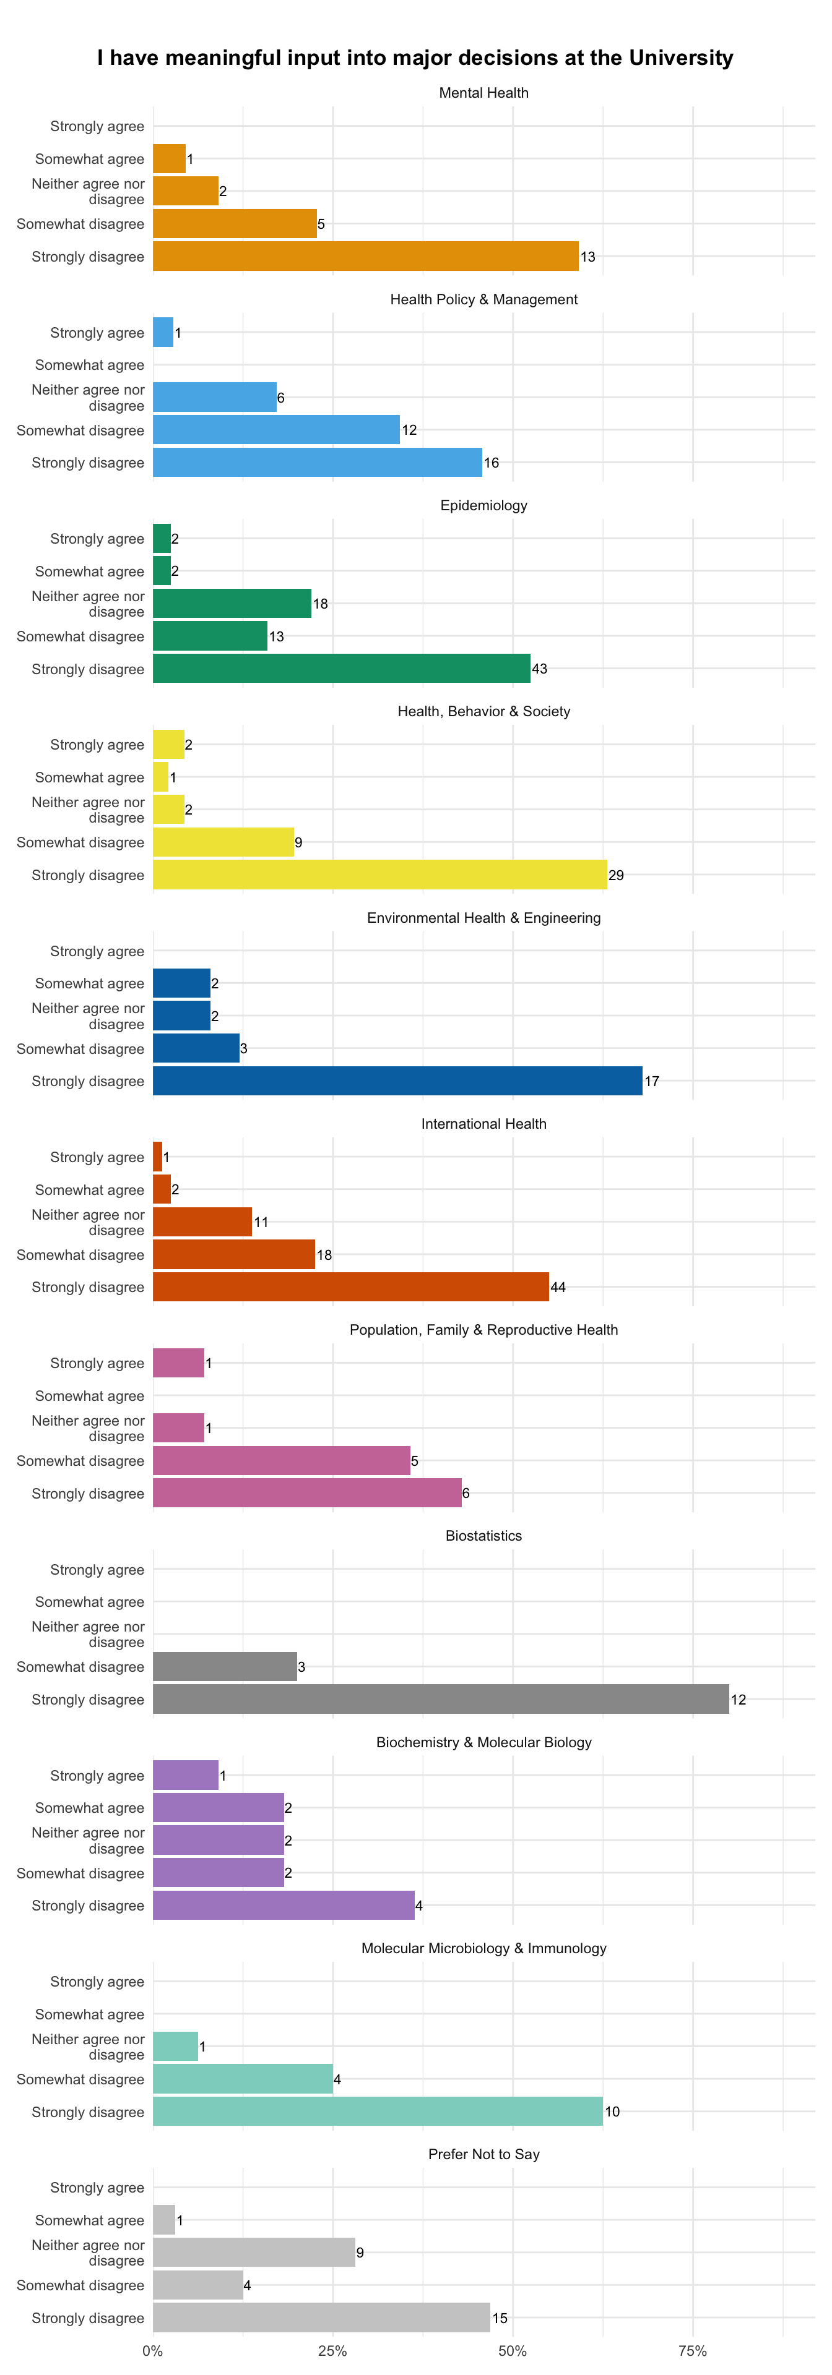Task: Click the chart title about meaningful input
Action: click(415, 58)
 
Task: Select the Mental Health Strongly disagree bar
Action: click(365, 256)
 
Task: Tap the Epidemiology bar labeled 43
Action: click(341, 669)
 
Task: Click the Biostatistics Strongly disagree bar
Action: click(441, 1699)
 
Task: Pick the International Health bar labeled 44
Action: click(350, 1287)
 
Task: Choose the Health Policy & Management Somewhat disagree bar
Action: click(277, 430)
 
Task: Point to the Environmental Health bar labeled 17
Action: click(397, 1081)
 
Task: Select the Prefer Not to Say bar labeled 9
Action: click(254, 2253)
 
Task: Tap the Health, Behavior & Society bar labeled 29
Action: click(380, 875)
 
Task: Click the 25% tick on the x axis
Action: click(333, 2351)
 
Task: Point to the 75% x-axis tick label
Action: click(693, 2351)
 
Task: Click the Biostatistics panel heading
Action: click(483, 1536)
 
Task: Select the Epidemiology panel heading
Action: click(483, 505)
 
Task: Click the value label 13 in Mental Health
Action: click(587, 257)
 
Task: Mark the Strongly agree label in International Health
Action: click(97, 1158)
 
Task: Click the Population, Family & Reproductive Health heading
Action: click(483, 1330)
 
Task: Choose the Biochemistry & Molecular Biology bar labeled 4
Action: click(284, 1906)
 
